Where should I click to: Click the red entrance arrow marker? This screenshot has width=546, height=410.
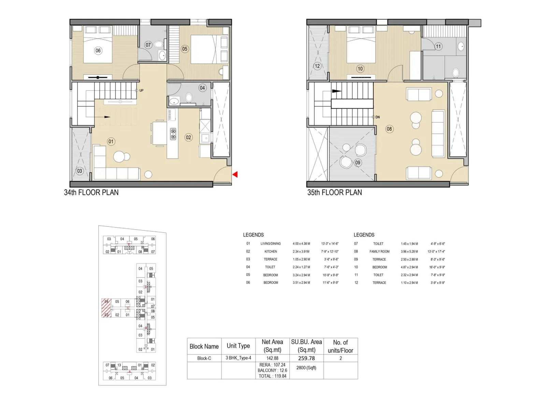(x=235, y=175)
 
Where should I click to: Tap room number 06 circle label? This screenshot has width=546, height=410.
(x=98, y=51)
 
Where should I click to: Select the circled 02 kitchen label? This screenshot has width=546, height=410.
(x=188, y=137)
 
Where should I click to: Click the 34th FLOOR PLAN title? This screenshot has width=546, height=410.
(x=91, y=192)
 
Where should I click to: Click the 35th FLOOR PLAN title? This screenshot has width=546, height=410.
(x=334, y=192)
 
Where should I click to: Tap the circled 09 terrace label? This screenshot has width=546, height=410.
(x=358, y=163)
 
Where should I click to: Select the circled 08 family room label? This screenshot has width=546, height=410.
(x=389, y=129)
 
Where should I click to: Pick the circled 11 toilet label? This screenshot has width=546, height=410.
(x=438, y=46)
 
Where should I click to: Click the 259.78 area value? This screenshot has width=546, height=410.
(x=306, y=358)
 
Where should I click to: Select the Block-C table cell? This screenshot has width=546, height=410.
(x=204, y=358)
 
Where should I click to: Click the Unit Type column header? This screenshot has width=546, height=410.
(x=238, y=346)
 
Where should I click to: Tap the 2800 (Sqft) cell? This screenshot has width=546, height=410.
(x=306, y=368)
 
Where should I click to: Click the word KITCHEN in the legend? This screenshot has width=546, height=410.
(x=271, y=251)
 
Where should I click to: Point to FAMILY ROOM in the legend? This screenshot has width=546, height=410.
(x=379, y=251)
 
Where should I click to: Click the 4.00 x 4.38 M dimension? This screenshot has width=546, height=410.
(x=301, y=244)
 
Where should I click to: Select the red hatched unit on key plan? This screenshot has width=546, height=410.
(x=106, y=308)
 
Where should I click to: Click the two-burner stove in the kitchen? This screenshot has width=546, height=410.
(x=173, y=134)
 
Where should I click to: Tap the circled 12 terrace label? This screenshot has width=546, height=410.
(x=317, y=66)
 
